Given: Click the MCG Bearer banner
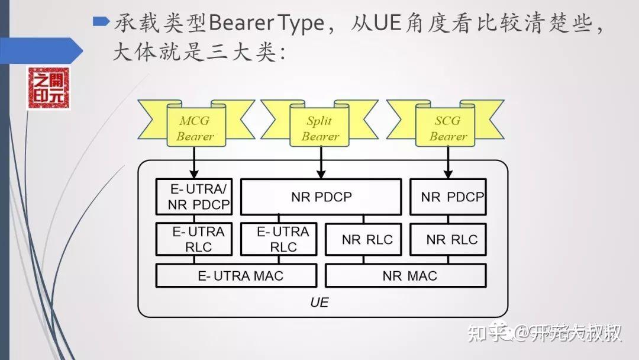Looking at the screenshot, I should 195,128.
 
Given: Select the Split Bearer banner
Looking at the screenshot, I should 320,128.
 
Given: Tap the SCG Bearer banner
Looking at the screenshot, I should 448,128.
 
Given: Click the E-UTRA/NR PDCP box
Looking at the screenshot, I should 194,197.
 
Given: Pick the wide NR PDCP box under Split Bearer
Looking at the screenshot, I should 321,197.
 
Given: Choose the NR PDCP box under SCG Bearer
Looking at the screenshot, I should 448,197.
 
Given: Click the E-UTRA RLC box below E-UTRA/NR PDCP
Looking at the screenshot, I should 194,239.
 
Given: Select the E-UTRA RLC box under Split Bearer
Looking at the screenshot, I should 279,239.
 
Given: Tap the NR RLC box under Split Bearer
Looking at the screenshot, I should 363,239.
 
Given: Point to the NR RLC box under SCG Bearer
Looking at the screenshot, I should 448,239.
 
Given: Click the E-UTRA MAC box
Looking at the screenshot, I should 236,275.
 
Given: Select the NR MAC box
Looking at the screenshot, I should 406,275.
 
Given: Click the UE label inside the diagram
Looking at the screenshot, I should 319,303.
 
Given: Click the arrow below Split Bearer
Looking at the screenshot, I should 321,161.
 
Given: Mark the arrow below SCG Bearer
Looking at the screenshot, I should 448,161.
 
